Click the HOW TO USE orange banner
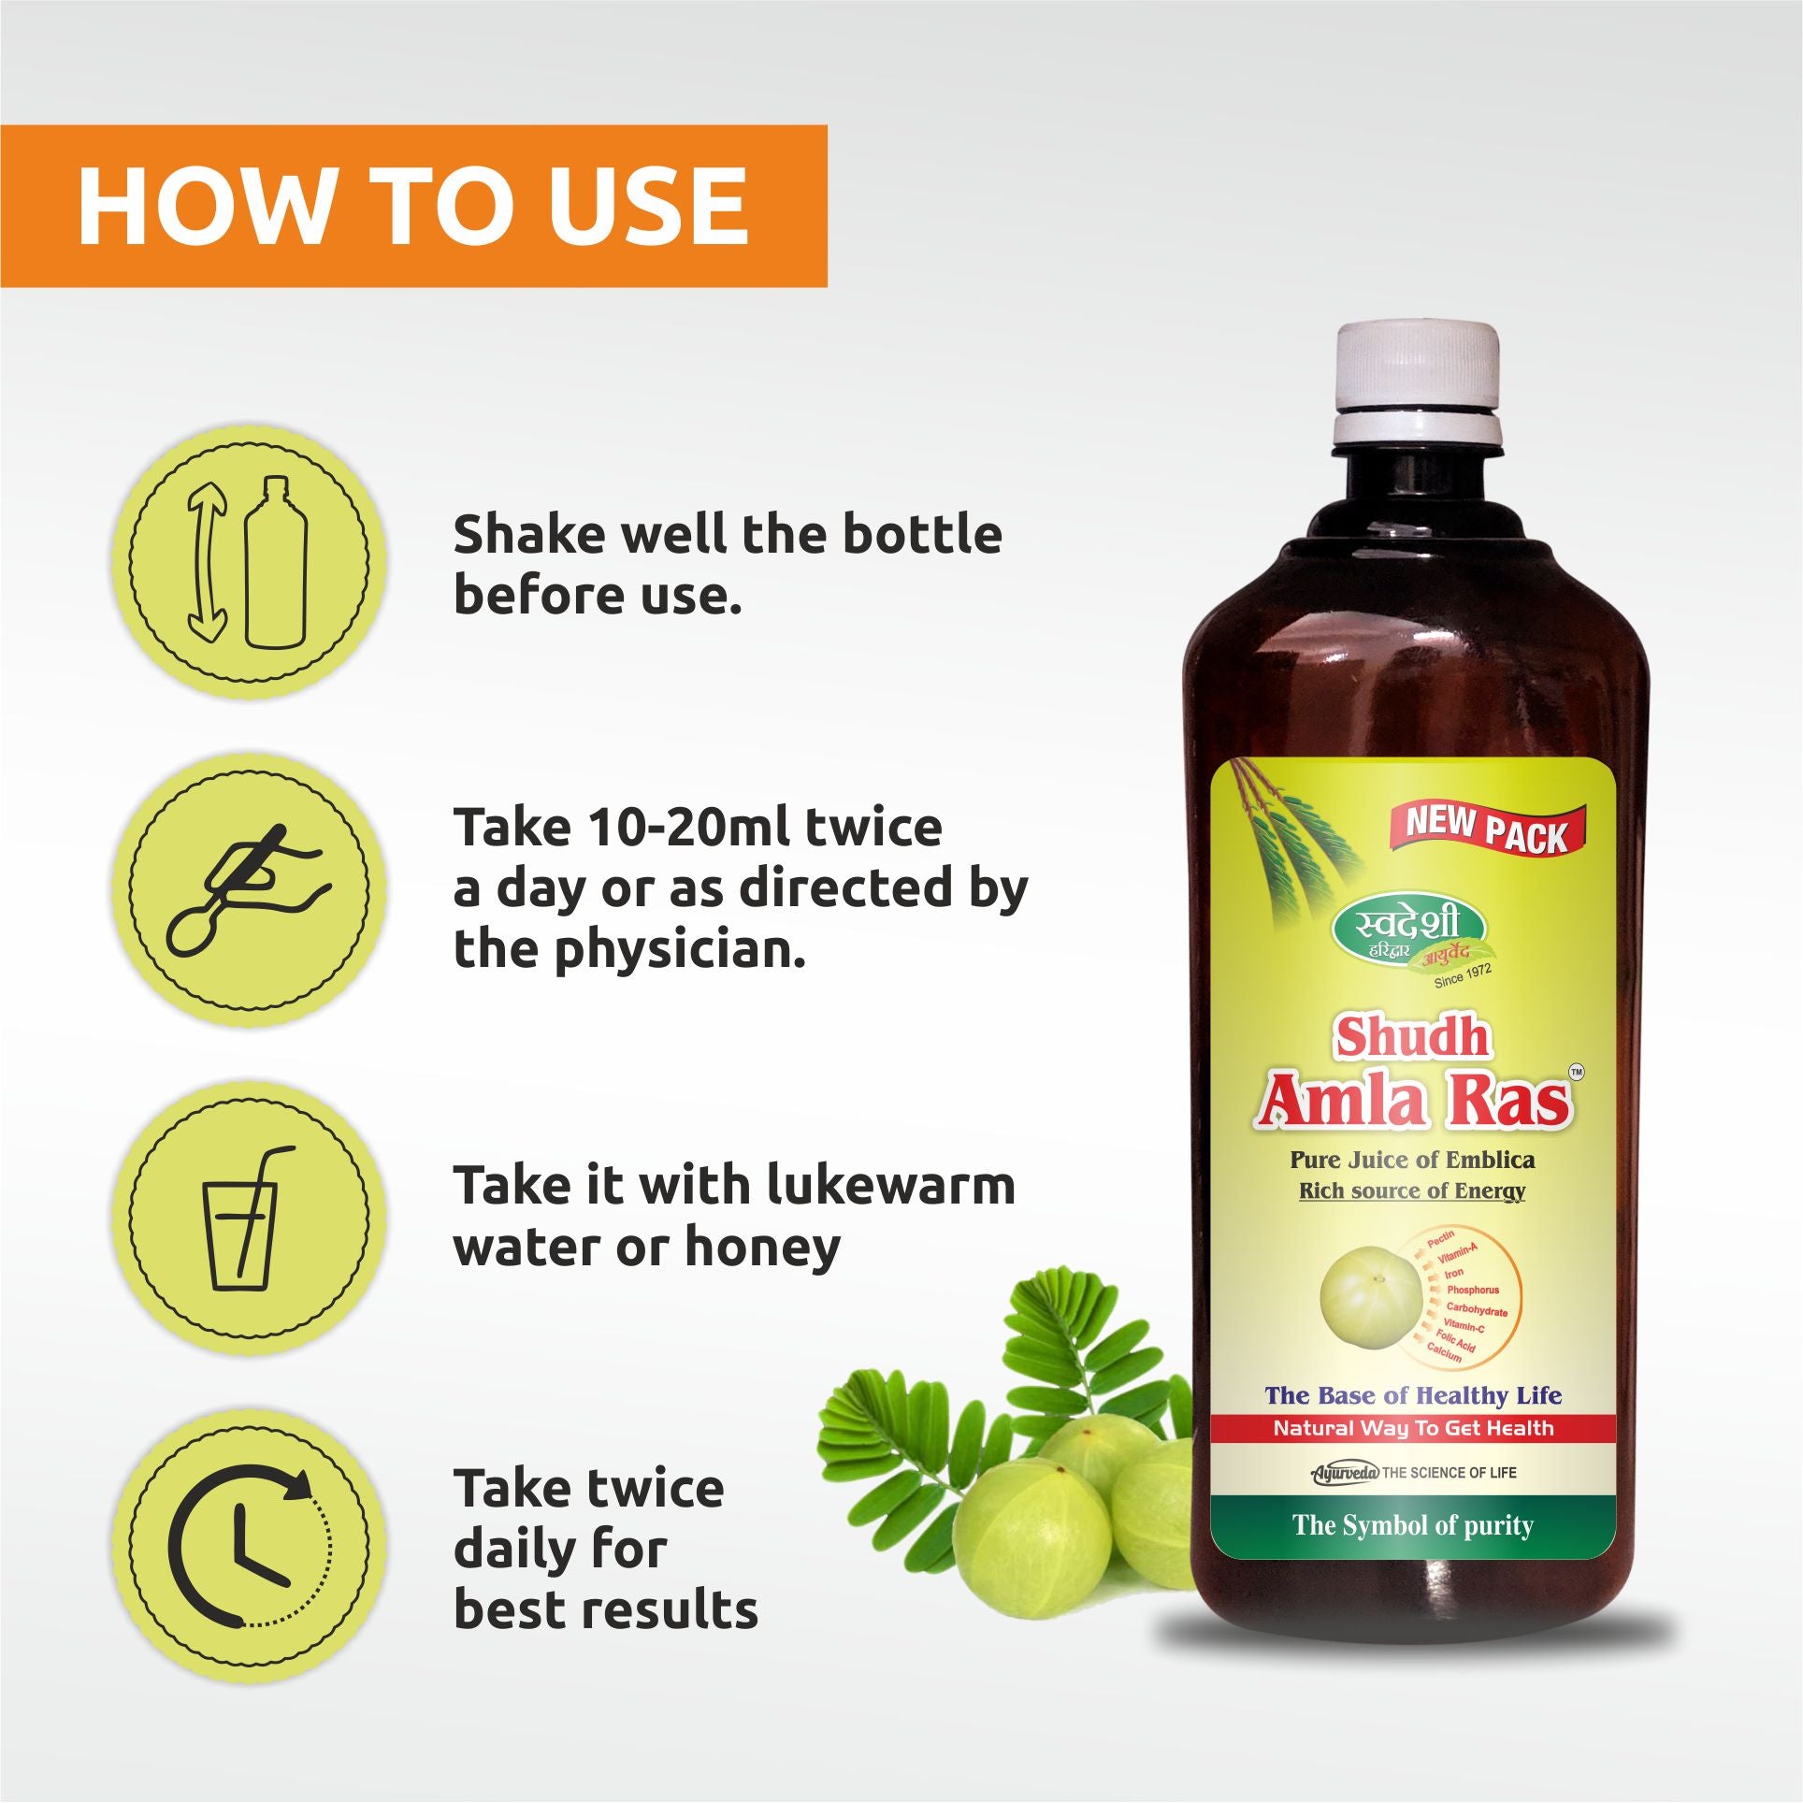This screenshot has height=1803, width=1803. point(413,206)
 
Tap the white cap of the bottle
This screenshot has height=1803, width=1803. point(1418,383)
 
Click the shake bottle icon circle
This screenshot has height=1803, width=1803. point(249,561)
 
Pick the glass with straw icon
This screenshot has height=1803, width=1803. point(249,1219)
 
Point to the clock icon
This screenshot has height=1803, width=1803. point(249,1549)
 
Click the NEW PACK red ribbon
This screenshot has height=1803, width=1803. point(1485,829)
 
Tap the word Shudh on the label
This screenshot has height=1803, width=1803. point(1413,1037)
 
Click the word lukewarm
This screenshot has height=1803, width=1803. point(890,1186)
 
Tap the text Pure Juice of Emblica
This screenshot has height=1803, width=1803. point(1412,1160)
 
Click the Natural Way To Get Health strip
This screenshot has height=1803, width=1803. point(1413,1428)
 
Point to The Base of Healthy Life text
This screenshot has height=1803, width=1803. point(1413,1395)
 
